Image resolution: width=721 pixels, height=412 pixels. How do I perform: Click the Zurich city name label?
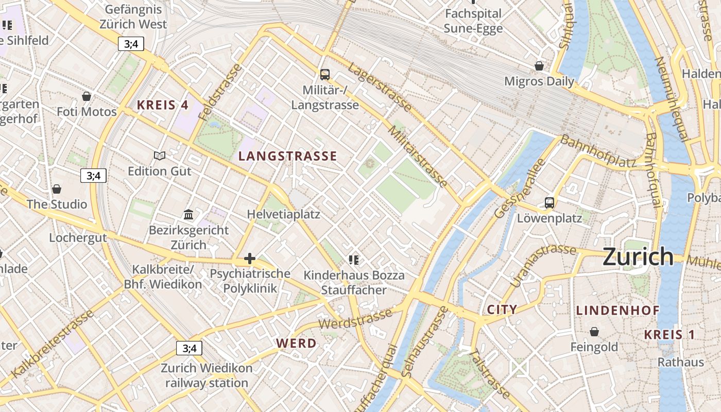coord(638,256)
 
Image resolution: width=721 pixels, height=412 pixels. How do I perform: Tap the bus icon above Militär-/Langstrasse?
coord(324,74)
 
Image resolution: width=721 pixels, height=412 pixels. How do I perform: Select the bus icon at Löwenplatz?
coord(550,202)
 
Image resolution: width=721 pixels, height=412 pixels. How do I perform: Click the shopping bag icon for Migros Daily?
coord(539,66)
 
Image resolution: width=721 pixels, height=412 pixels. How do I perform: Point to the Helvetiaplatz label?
coord(283,214)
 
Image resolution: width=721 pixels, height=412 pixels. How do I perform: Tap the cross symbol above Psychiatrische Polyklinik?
coord(250,258)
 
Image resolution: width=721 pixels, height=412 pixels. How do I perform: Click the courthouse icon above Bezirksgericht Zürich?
coord(188,214)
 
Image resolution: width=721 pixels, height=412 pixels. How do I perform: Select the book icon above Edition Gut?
coord(160,155)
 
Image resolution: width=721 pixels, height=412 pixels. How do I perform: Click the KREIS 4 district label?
coord(163,105)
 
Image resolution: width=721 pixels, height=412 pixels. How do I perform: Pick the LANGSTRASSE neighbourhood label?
coord(288,156)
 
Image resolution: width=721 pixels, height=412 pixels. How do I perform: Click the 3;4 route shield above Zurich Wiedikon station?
coord(189,348)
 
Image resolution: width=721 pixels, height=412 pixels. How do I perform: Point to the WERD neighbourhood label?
coord(296,343)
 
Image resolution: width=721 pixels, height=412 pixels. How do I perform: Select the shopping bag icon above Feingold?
coord(594,331)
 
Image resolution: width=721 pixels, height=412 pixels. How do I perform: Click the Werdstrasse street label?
coord(355,317)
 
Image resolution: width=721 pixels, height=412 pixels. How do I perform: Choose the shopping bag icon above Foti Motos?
coord(87,96)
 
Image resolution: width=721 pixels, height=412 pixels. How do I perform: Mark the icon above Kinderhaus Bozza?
coord(353,260)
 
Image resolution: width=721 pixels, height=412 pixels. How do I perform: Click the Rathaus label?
coord(680,362)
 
